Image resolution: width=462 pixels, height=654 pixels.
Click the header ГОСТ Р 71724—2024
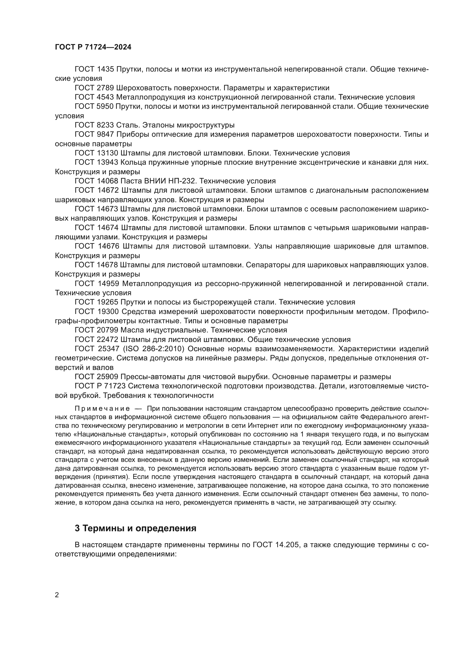pos(93,47)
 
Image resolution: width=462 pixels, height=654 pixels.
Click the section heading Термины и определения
pos(135,528)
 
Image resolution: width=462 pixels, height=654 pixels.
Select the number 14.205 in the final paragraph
pos(287,545)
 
